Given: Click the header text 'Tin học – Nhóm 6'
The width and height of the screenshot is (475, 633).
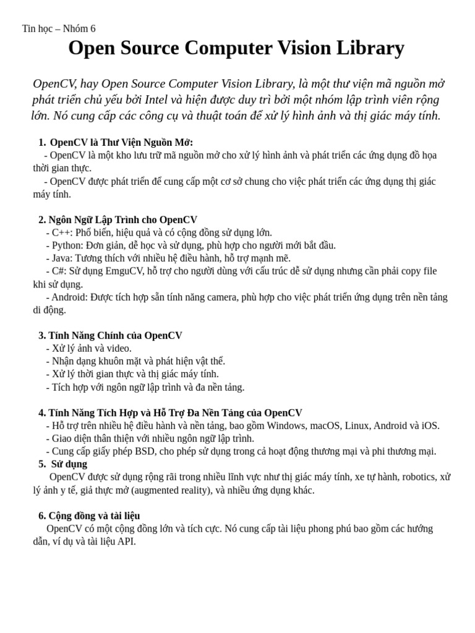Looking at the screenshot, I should click(59, 28).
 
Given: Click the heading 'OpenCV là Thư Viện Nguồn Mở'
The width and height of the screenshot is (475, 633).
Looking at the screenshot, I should click(121, 142).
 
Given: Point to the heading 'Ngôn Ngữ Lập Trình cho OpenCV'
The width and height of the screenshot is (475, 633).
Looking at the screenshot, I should click(122, 219).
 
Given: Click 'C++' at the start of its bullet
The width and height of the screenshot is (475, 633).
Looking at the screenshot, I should click(62, 232).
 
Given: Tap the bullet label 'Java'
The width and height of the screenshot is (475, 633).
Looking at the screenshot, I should click(62, 258).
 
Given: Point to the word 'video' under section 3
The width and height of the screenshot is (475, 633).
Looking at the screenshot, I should click(119, 349).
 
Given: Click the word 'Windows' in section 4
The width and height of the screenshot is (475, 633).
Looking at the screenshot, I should click(286, 426).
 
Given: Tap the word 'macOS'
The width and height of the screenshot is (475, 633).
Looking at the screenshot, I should click(327, 426).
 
